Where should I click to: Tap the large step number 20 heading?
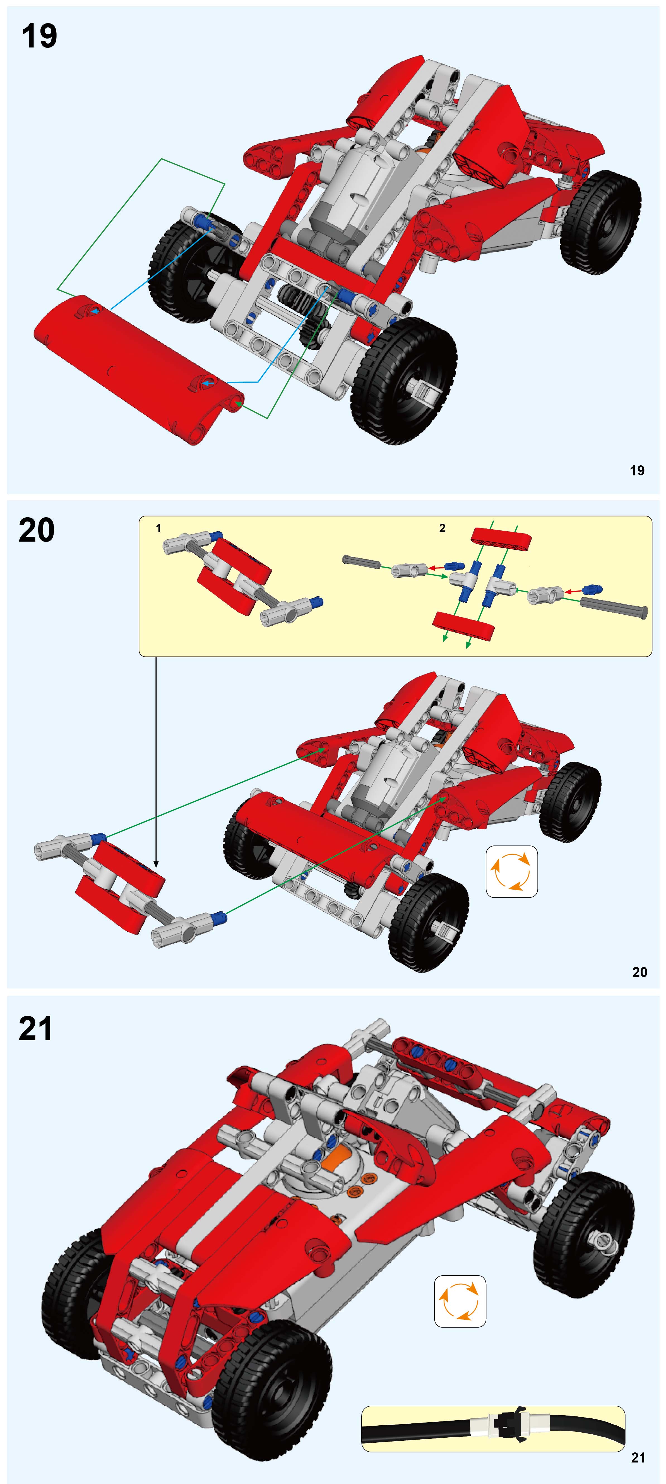pos(36,531)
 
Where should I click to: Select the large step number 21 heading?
pos(36,1030)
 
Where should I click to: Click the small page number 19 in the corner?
pos(637,471)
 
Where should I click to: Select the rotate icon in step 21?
pos(459,1301)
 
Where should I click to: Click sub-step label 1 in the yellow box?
pos(158,528)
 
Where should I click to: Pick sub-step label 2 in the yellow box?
pos(442,528)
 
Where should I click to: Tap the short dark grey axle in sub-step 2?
pos(362,561)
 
